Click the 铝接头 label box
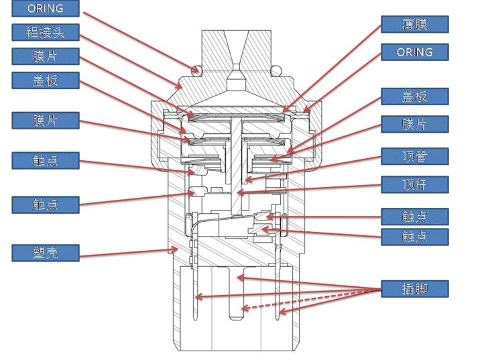click(46, 32)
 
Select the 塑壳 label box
click(46, 253)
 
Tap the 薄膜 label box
click(414, 25)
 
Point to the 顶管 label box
click(414, 156)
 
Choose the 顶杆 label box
click(414, 184)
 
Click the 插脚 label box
click(414, 289)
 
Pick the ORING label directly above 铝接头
click(46, 9)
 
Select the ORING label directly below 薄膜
click(414, 52)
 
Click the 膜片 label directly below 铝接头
click(46, 56)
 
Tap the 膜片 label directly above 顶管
click(414, 124)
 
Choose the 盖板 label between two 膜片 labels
click(46, 80)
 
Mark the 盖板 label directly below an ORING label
click(414, 96)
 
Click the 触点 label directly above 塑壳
click(46, 204)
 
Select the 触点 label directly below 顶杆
click(414, 216)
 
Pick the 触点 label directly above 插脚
click(414, 236)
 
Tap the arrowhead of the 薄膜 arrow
click(284, 110)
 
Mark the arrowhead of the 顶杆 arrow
click(240, 194)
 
